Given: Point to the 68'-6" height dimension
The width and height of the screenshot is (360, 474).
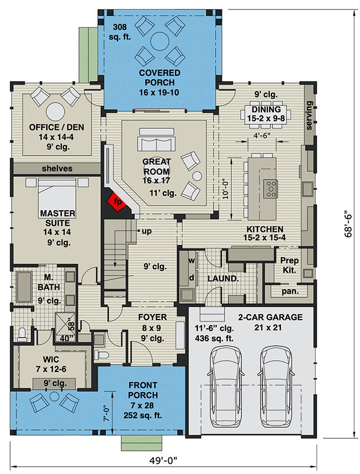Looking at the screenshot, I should [348, 223].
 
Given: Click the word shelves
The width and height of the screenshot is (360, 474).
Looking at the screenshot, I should [57, 168].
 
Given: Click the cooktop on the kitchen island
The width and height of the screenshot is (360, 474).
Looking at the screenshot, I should [272, 188].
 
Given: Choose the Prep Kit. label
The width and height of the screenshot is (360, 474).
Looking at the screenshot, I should [290, 264].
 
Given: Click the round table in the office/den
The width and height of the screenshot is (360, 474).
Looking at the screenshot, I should [56, 112].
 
